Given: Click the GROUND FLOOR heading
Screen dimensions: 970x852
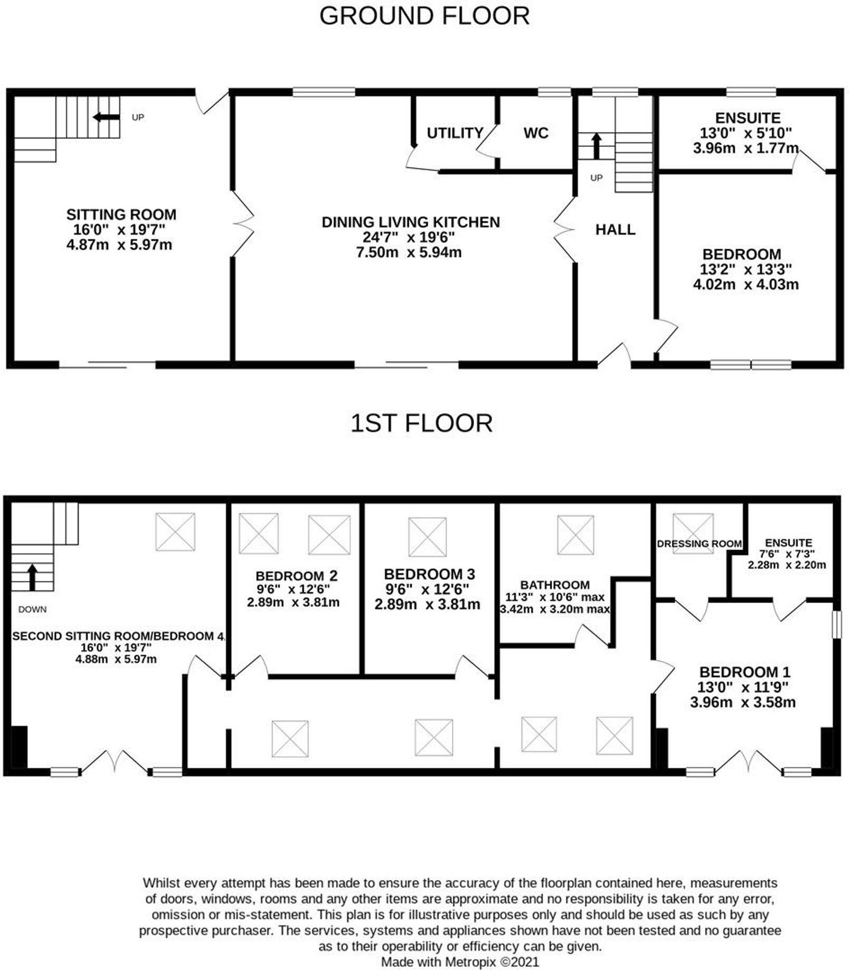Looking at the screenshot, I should [424, 16].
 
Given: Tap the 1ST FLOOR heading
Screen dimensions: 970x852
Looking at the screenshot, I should [421, 423].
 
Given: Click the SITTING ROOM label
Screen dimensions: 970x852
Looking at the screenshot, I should [121, 214].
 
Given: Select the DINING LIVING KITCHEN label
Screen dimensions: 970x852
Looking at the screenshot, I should [411, 222].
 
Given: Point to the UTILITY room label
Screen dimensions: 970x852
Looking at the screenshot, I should [455, 133].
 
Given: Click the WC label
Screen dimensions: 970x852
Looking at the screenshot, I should [536, 133].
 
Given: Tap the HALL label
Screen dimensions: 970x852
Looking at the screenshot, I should [615, 229].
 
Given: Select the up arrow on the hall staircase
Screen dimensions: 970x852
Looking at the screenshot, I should [597, 146].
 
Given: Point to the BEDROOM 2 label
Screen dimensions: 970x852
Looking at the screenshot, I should [296, 576].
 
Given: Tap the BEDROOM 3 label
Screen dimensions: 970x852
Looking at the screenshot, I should [429, 574].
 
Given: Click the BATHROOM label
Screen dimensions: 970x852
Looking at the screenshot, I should [555, 585].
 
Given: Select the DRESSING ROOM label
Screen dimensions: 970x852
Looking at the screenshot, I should [699, 543].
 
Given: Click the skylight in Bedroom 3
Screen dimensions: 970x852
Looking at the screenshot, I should [428, 536].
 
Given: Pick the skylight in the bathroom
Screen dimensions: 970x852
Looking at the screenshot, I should [576, 534].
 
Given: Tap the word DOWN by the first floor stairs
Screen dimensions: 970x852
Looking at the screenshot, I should [32, 609].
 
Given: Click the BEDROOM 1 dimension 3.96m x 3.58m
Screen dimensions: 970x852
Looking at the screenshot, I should [743, 703].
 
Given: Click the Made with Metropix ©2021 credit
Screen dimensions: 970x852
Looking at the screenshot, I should [460, 962].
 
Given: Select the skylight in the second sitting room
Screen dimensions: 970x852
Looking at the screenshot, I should [175, 532].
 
